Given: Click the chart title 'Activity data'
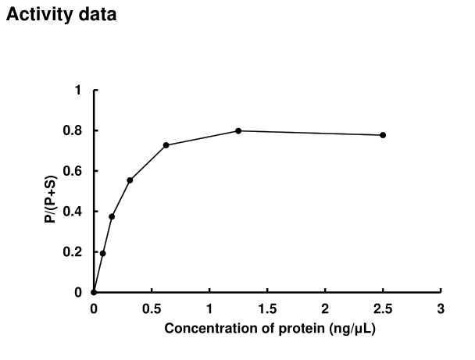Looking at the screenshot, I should pos(61,14).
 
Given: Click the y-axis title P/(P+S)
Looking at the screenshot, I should pos(49,191).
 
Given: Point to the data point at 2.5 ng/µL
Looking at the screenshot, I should pos(383,135).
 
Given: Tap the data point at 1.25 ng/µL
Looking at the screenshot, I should pos(238,130).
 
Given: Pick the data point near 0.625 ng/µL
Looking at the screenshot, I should pos(166,145).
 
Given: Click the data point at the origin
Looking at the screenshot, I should pos(94,292).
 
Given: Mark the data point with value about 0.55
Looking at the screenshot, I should pos(130,180).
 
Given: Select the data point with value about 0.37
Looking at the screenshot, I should pos(112,216).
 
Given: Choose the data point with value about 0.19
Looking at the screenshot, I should pos(102,253).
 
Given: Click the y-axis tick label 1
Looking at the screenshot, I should pos(77,91).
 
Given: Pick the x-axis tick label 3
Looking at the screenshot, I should pos(441,308).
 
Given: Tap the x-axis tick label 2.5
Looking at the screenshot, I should pos(383,308).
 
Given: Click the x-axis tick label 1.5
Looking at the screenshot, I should pos(267,308).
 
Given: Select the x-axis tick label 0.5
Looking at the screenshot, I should pos(152,308).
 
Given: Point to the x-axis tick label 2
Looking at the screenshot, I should pos(325,308).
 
